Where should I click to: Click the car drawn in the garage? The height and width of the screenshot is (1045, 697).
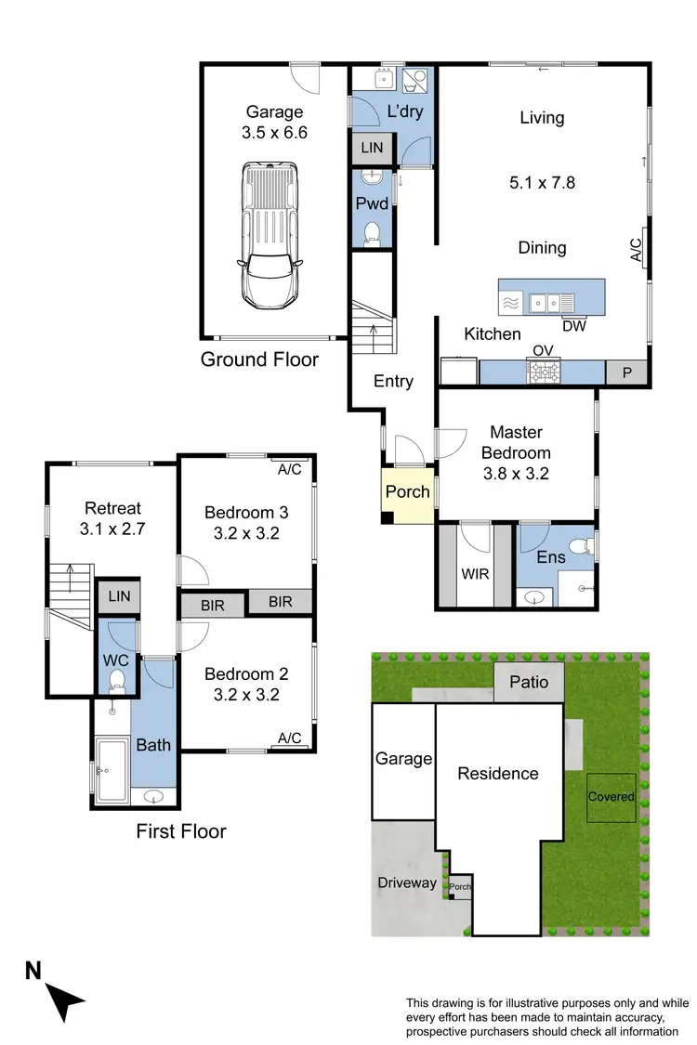pos(270,234)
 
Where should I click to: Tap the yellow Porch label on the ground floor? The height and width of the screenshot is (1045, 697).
pos(407,491)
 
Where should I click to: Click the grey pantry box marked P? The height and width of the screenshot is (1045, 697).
pos(626,372)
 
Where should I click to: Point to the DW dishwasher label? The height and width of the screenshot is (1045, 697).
pos(573,325)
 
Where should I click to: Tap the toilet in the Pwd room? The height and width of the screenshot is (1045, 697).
pos(374,231)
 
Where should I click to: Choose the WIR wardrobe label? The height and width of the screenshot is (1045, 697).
pos(475,574)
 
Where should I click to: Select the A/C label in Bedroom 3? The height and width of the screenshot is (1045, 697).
pos(289,469)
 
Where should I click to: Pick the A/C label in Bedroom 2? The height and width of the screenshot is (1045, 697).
pos(289,738)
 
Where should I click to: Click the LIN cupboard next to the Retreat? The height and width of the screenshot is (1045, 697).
pos(118,596)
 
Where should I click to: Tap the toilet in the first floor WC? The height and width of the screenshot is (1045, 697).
pos(117,684)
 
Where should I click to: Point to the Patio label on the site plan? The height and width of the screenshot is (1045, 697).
pos(529,683)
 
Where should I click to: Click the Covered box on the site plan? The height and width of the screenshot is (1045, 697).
pos(611,797)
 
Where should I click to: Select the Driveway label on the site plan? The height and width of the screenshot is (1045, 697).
pos(406,882)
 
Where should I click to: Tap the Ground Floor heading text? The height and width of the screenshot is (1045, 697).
pos(259,359)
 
